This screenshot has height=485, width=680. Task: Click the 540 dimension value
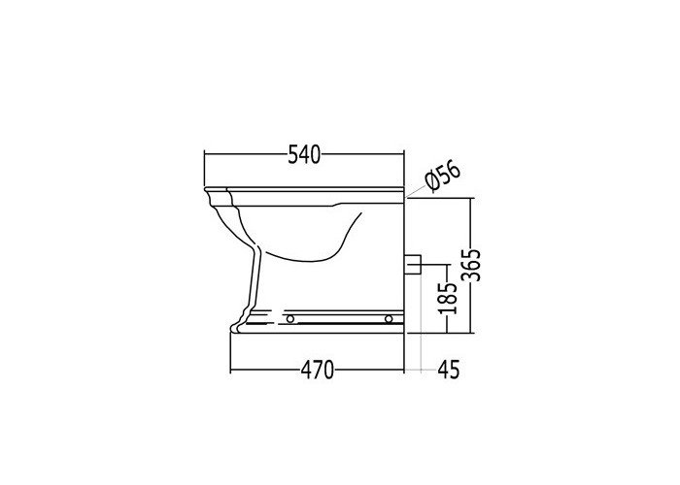[x=304, y=155]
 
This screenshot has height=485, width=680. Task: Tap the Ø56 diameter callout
[x=442, y=176]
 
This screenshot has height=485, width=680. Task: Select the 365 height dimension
[x=470, y=265]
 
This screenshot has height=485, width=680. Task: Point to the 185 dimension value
[x=447, y=298]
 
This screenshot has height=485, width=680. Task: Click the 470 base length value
[x=318, y=371]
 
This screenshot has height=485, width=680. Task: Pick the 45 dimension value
[x=449, y=371]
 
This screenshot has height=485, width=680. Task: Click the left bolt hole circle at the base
[x=290, y=319]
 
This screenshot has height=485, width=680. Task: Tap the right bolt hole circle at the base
[x=389, y=319]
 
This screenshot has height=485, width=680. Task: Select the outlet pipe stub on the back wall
[x=413, y=265]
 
